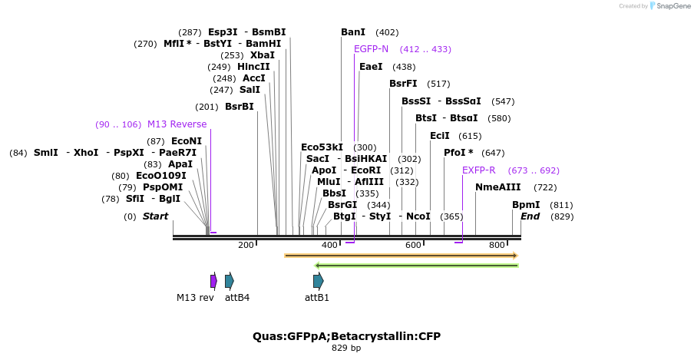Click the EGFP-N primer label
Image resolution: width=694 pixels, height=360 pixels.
[x=371, y=49]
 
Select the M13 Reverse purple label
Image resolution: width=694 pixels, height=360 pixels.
[x=177, y=124]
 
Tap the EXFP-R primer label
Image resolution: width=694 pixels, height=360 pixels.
[x=478, y=170]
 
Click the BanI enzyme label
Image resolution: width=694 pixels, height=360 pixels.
[x=353, y=32]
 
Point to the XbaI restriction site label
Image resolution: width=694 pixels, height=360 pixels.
[x=263, y=55]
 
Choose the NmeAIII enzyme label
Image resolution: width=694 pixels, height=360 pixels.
[x=497, y=187]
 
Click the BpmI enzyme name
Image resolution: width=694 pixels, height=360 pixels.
[x=526, y=205]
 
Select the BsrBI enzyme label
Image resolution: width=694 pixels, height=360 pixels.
[x=239, y=107]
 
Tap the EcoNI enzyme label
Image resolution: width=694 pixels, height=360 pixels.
[x=187, y=141]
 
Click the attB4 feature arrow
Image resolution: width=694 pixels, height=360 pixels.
[x=230, y=281]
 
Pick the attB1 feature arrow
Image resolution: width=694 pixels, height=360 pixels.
[x=318, y=281]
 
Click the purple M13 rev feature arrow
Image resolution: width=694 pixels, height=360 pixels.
[x=213, y=281]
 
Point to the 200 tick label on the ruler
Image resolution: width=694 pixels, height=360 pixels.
[x=246, y=245]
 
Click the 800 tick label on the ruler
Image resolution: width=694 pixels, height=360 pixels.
[x=497, y=245]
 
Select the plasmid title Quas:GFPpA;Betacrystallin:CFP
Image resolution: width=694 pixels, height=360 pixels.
[x=346, y=336]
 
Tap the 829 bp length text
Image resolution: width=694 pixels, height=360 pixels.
[x=346, y=348]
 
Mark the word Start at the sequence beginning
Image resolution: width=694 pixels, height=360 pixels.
[x=155, y=216]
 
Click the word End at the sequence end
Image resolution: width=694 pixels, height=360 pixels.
[x=530, y=216]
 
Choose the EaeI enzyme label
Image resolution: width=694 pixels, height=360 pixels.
[x=371, y=67]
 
